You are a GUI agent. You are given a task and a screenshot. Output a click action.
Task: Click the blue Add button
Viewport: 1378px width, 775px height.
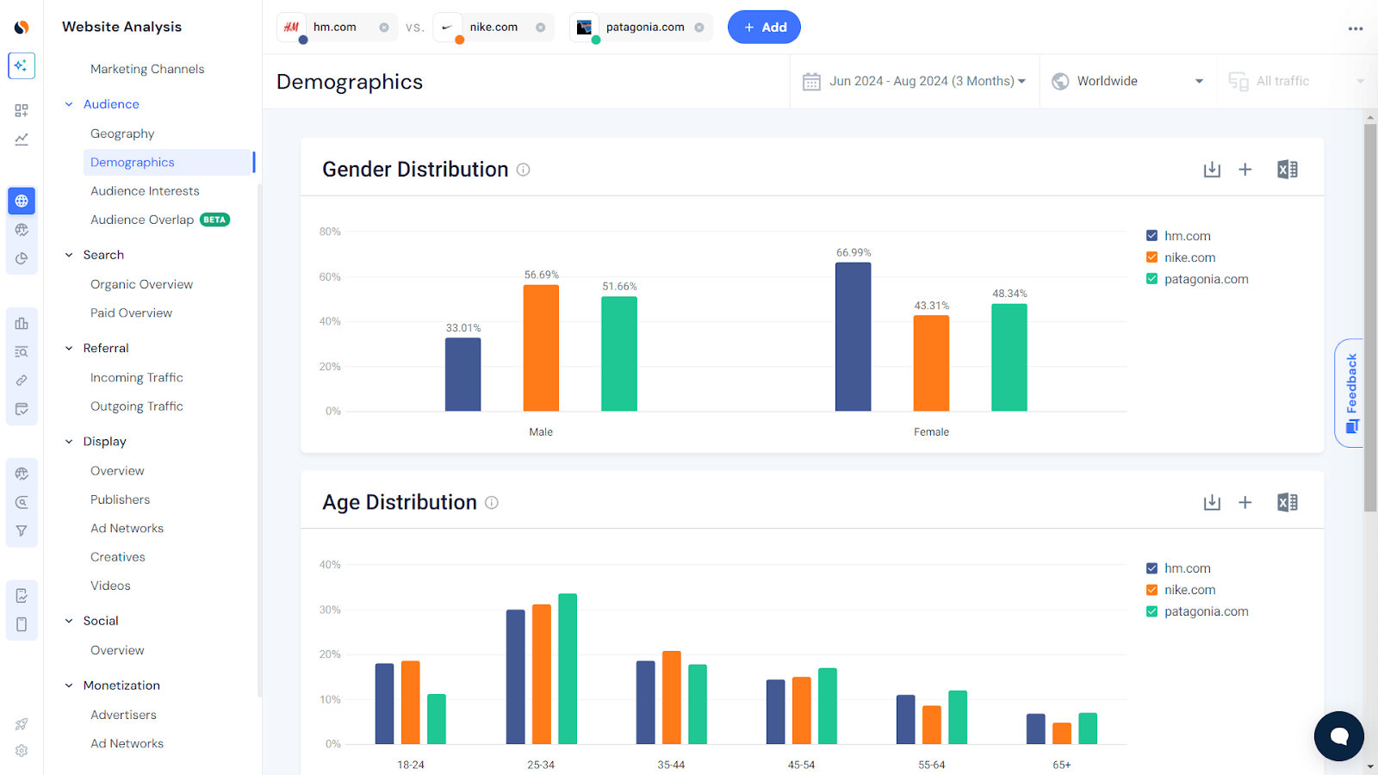click(x=764, y=28)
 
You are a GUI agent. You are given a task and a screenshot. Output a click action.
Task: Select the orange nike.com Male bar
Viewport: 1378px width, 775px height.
click(x=541, y=348)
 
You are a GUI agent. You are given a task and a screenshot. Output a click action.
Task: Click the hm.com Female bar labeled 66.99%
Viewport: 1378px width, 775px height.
click(x=853, y=337)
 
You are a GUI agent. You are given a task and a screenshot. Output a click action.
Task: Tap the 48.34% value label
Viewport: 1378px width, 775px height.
click(x=1009, y=294)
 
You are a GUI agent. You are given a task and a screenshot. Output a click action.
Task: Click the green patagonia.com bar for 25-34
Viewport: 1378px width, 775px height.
click(x=568, y=668)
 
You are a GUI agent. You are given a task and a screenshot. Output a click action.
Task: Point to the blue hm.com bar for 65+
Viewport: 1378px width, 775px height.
click(x=1035, y=728)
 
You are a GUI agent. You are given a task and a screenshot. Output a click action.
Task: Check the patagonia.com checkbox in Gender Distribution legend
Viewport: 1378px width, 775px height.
click(x=1151, y=279)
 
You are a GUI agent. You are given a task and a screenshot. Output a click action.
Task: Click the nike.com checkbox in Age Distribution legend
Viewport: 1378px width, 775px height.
click(x=1151, y=590)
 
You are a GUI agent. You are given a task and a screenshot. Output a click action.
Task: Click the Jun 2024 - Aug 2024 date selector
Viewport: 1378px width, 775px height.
click(x=915, y=81)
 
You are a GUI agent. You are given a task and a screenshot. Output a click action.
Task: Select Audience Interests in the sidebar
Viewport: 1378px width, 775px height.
click(x=145, y=191)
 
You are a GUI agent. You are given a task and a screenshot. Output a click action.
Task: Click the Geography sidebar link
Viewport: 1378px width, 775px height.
click(x=122, y=133)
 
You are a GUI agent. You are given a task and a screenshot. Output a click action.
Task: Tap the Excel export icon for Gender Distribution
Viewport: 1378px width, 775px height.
click(x=1287, y=170)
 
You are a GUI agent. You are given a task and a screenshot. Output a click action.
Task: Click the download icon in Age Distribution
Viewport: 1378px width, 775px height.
click(x=1212, y=502)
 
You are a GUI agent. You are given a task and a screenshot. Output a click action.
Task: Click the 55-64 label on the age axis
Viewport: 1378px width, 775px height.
click(x=931, y=765)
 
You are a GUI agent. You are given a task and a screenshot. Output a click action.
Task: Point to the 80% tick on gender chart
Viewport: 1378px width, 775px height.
click(x=330, y=232)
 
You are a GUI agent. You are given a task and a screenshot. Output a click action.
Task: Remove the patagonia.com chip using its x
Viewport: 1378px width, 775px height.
click(x=699, y=28)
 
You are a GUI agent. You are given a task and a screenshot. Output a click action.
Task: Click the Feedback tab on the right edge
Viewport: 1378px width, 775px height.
click(x=1351, y=392)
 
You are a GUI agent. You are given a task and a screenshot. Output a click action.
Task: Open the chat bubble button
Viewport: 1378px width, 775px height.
click(x=1338, y=735)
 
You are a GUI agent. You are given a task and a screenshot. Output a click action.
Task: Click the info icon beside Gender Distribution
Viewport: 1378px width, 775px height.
click(x=523, y=170)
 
